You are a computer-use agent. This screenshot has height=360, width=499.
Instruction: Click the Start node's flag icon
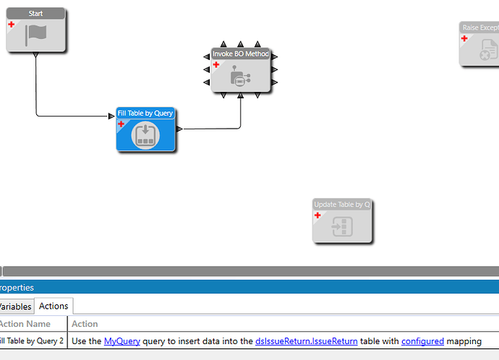36,35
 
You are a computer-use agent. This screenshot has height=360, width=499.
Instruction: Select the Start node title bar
35,13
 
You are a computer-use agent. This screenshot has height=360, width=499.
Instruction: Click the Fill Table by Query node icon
145,135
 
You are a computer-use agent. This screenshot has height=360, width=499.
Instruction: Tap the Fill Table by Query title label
145,113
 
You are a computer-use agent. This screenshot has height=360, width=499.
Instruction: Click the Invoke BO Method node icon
240,77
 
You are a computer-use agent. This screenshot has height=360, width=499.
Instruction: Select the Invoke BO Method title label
241,53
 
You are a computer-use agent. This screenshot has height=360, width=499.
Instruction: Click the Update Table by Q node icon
341,227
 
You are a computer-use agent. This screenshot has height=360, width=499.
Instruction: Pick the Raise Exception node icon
488,49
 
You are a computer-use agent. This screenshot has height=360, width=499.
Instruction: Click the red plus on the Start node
12,24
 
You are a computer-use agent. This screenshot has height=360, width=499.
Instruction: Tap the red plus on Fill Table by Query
121,124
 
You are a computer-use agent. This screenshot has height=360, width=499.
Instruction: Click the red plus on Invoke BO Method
216,64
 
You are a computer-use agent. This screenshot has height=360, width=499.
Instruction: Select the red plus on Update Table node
317,215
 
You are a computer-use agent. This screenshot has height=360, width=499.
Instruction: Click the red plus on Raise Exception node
464,38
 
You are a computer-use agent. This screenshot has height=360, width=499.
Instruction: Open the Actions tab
54,306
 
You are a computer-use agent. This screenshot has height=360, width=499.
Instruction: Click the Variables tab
15,307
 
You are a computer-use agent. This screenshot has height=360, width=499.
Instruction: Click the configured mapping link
422,340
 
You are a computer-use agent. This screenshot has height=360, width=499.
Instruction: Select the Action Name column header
25,324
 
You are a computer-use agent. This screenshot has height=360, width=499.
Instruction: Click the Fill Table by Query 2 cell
31,340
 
